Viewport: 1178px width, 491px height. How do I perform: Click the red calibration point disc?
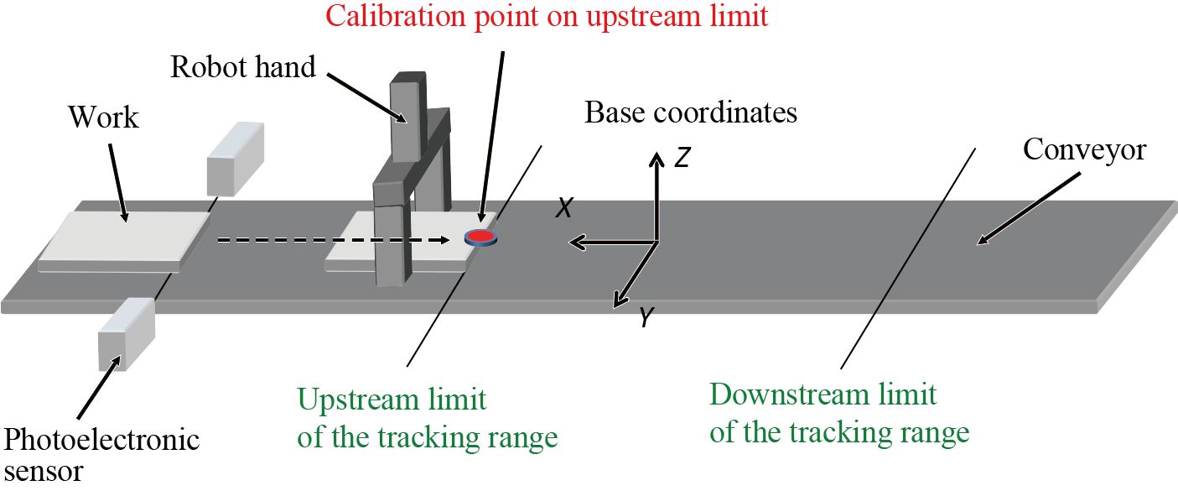(480, 238)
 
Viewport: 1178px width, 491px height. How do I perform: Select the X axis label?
(564, 209)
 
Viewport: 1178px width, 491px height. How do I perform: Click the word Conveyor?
(1084, 151)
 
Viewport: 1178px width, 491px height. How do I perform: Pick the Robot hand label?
(243, 67)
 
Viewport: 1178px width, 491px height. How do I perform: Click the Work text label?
(103, 118)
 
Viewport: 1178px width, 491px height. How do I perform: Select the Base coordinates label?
(690, 112)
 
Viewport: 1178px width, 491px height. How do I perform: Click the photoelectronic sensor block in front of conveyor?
(126, 333)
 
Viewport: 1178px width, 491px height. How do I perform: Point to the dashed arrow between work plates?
(335, 240)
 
